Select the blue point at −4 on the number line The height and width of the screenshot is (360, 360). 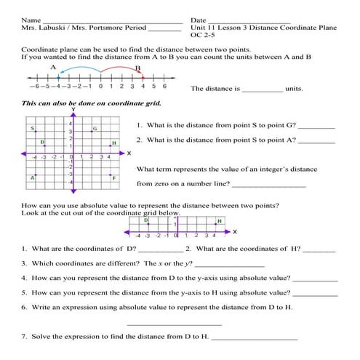(x=57, y=78)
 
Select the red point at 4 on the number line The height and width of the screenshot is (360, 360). (x=143, y=78)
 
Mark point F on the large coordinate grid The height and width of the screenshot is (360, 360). (x=110, y=176)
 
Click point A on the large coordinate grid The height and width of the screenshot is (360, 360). (x=33, y=176)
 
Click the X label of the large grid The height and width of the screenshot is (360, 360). (x=128, y=154)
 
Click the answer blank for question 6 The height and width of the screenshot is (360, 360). (x=174, y=324)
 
